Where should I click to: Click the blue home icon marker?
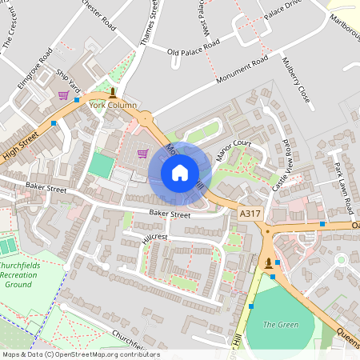[x=179, y=173]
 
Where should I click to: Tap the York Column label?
[x=113, y=106]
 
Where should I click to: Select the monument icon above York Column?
[x=113, y=93]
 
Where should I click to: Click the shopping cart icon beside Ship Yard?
[x=63, y=95]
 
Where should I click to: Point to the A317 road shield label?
[x=250, y=213]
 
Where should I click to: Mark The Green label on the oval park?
[x=281, y=324]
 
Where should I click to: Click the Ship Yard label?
[x=68, y=79]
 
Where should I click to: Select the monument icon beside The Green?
[x=268, y=262]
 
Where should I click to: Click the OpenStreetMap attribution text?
[x=80, y=354]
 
